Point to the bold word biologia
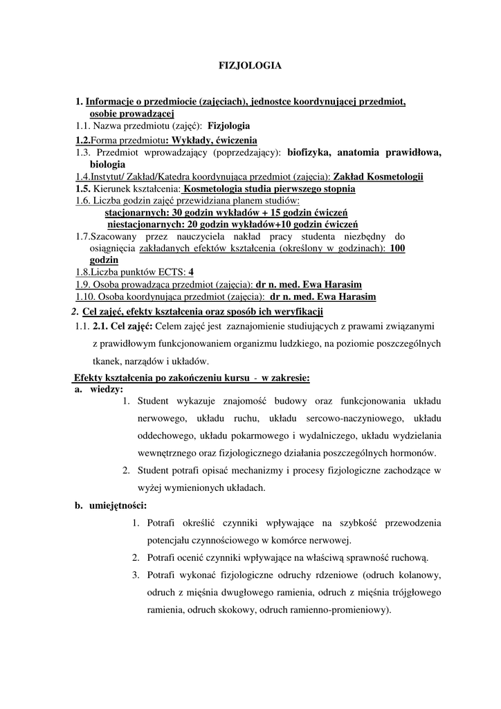coord(107,165)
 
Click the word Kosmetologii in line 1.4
coord(396,177)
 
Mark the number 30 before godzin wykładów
coord(174,213)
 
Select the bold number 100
coord(397,248)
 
